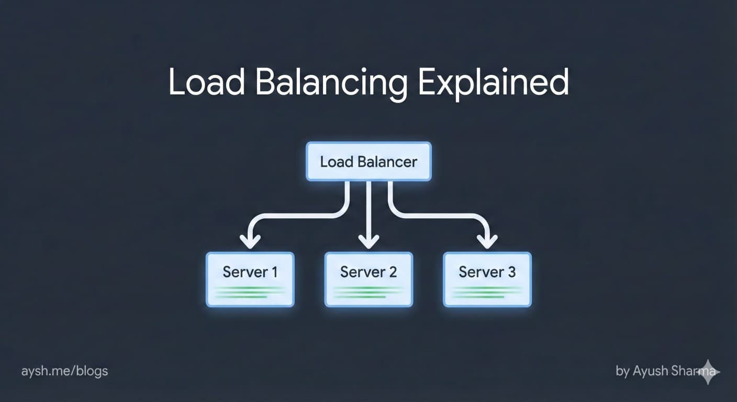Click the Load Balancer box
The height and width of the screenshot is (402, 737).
tap(368, 161)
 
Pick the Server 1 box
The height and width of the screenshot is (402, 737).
tap(250, 280)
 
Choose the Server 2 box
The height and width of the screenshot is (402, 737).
tap(368, 280)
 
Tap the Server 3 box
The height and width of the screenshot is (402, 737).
tap(487, 280)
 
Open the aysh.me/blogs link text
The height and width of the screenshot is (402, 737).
tap(64, 372)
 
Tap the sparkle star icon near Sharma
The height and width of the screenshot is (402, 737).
tap(709, 371)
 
